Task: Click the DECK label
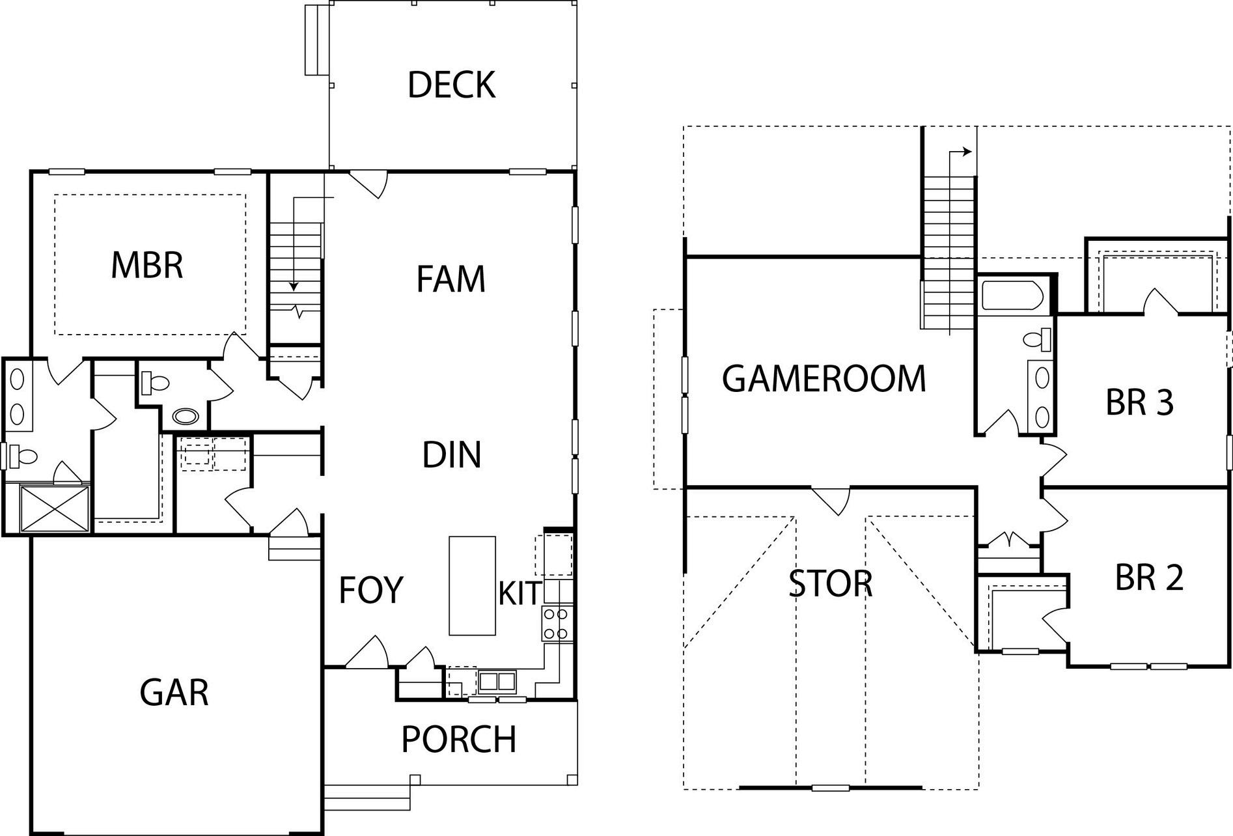pyautogui.click(x=451, y=85)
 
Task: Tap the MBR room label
pyautogui.click(x=147, y=266)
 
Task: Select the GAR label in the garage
pyautogui.click(x=174, y=692)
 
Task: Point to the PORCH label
pyautogui.click(x=458, y=740)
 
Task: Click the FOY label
pyautogui.click(x=371, y=590)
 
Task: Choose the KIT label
pyautogui.click(x=520, y=593)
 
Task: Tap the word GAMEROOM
pyautogui.click(x=824, y=379)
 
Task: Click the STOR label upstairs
pyautogui.click(x=830, y=584)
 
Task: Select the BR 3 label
pyautogui.click(x=1139, y=402)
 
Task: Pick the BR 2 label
pyautogui.click(x=1148, y=578)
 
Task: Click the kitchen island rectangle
pyautogui.click(x=472, y=585)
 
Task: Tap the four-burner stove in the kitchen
pyautogui.click(x=557, y=623)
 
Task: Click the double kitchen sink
pyautogui.click(x=497, y=681)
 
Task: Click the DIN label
pyautogui.click(x=451, y=455)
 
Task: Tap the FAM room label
pyautogui.click(x=450, y=279)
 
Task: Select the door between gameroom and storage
pyautogui.click(x=830, y=499)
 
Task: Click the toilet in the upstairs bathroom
pyautogui.click(x=1036, y=340)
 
